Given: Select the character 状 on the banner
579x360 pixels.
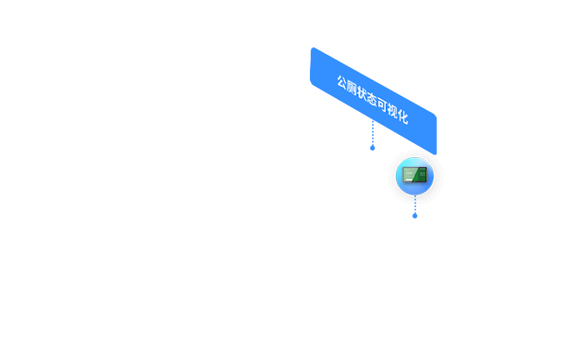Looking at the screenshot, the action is [361, 94].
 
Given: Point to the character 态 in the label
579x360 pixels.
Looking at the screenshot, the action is [372, 100].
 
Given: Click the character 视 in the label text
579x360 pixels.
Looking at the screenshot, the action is [393, 111].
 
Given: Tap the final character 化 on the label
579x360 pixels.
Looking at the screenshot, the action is [403, 117].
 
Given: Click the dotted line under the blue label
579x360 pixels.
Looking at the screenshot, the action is [373, 133].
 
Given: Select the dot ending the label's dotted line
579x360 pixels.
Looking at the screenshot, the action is [373, 148].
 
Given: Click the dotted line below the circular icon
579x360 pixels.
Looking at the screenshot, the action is [415, 205].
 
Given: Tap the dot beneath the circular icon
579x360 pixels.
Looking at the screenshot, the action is [415, 216].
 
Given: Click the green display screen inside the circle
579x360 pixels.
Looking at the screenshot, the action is [415, 175].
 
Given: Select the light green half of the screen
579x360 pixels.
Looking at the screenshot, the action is [408, 175].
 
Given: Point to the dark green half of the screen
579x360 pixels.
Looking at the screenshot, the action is [420, 175].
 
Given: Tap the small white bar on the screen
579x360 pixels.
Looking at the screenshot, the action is [409, 180].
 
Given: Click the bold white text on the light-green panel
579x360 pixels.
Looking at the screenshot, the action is [408, 173].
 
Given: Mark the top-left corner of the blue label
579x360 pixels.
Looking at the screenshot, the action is [313, 47].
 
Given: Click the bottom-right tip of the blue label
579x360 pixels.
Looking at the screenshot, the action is [436, 154].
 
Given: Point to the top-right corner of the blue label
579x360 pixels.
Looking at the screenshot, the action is [435, 115].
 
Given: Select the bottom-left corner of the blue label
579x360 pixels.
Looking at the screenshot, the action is [312, 83].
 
